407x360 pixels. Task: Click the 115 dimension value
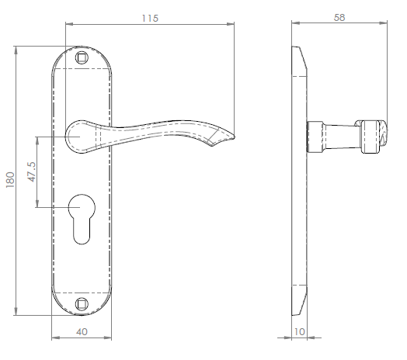[x=151, y=18]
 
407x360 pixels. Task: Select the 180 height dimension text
[x=9, y=179]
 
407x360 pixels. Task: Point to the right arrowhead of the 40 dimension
[x=113, y=337]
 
